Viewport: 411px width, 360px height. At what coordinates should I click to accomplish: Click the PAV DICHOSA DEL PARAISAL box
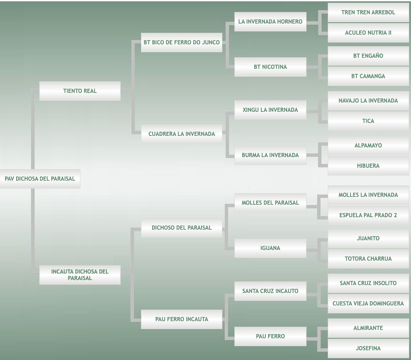(x=40, y=179)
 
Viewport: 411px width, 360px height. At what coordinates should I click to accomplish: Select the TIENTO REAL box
(x=80, y=91)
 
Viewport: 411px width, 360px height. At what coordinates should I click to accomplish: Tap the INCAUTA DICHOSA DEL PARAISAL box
(x=80, y=275)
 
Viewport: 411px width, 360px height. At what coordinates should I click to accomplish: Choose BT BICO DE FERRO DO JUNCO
(x=182, y=43)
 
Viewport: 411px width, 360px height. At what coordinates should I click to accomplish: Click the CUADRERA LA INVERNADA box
(x=182, y=134)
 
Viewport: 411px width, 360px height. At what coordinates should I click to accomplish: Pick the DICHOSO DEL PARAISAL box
(x=182, y=227)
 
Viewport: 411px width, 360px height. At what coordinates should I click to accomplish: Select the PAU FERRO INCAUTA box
(x=182, y=319)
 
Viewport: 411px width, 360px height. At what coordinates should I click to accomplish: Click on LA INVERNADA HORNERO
(x=270, y=22)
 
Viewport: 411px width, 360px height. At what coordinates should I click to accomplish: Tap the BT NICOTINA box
(x=270, y=67)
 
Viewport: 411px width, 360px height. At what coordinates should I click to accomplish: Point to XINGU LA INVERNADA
(x=270, y=110)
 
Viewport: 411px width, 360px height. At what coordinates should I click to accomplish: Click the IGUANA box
(x=270, y=248)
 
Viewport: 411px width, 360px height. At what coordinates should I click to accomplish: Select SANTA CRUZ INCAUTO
(x=270, y=291)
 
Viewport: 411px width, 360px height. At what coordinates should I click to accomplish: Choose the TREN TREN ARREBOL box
(x=368, y=12)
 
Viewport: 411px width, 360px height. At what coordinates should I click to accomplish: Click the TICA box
(x=368, y=121)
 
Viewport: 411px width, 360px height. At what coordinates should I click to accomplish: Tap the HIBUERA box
(x=368, y=166)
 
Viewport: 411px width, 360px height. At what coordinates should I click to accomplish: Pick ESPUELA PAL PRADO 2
(x=368, y=215)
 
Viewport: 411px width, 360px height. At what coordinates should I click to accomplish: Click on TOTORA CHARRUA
(x=368, y=259)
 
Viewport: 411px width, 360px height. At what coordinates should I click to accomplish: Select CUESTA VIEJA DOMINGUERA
(x=368, y=304)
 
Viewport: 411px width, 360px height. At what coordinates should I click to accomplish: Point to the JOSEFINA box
(x=368, y=348)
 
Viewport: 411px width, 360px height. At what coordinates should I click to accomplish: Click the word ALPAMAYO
(x=368, y=146)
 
